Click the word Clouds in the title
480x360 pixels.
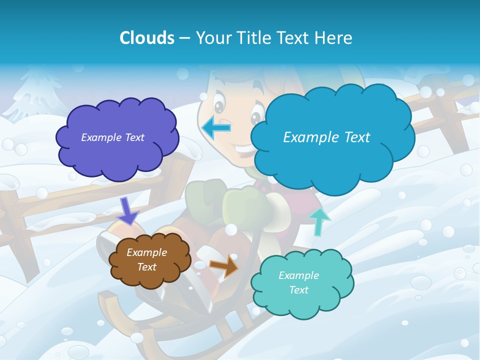pos(146,38)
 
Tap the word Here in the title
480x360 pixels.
pos(333,38)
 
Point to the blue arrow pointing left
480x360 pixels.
pos(216,127)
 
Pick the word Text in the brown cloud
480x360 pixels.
pos(147,267)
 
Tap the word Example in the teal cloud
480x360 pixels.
pos(298,275)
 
